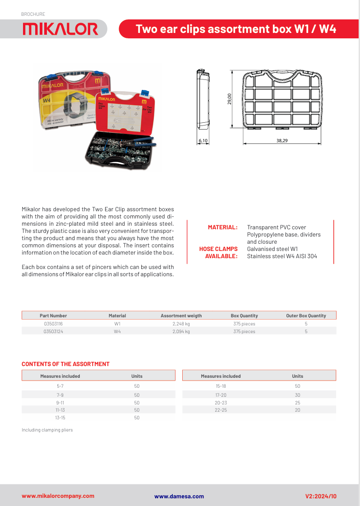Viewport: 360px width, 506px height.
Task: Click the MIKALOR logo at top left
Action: point(60,29)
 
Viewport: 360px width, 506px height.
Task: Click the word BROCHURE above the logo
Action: point(33,14)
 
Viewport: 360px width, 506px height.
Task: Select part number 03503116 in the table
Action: point(53,324)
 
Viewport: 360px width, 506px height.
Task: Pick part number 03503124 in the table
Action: point(53,331)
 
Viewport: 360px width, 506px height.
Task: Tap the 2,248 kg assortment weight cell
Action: point(181,324)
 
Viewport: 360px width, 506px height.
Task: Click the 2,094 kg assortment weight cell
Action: point(181,331)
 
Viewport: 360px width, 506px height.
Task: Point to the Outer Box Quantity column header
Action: point(306,316)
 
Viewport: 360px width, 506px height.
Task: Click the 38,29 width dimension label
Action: point(282,141)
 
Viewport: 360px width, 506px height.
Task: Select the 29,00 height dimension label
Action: point(230,99)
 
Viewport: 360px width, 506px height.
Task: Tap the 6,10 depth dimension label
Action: point(203,141)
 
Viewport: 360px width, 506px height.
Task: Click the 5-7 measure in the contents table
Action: point(60,386)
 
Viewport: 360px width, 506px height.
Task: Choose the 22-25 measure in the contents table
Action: point(221,410)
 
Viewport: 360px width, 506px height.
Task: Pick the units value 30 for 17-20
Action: point(297,395)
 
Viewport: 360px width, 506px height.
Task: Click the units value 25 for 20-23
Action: point(297,402)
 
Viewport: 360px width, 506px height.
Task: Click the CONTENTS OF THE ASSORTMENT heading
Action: point(65,364)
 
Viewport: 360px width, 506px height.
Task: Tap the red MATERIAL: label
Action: point(222,227)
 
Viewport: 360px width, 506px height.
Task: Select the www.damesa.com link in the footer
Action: point(179,496)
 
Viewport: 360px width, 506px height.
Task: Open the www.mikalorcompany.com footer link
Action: point(58,496)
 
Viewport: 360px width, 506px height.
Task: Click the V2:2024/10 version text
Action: point(321,496)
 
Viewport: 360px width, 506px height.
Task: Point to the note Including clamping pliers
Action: point(47,430)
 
